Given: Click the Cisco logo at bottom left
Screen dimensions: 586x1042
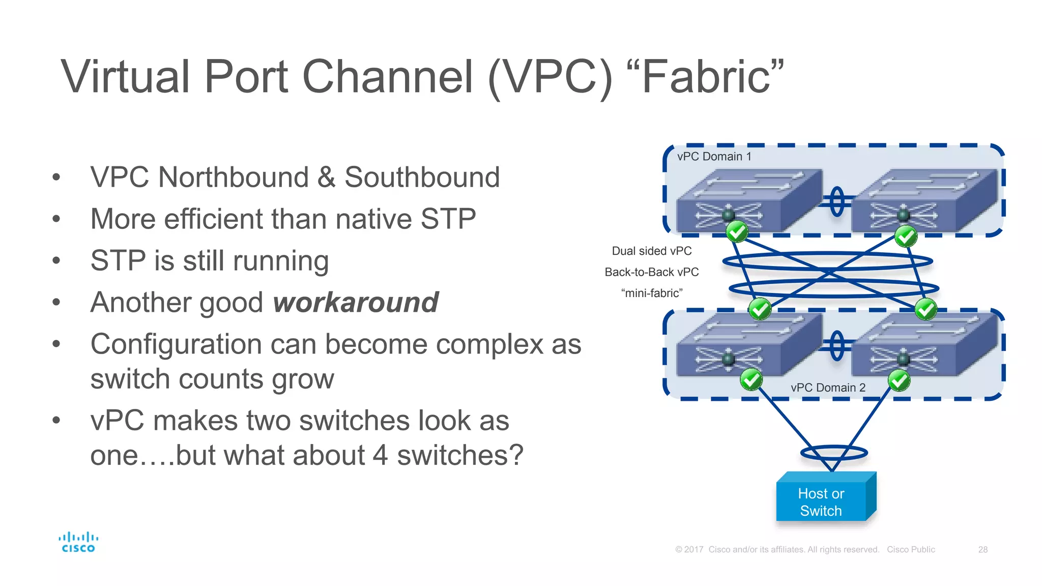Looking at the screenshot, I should pyautogui.click(x=78, y=542).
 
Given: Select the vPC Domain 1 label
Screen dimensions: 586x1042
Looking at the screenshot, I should pyautogui.click(x=714, y=157).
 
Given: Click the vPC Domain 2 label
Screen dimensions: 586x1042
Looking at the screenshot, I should pyautogui.click(x=828, y=388).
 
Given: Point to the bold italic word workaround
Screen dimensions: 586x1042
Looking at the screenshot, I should pyautogui.click(x=356, y=302).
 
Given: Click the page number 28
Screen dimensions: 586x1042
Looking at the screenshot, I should pyautogui.click(x=982, y=549).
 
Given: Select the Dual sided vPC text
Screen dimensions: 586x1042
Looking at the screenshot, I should pyautogui.click(x=651, y=251).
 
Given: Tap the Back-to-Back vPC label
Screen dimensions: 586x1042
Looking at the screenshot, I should pyautogui.click(x=651, y=272).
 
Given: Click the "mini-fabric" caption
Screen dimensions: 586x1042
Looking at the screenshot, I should pyautogui.click(x=651, y=294).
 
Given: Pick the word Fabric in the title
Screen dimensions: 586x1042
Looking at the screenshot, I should pyautogui.click(x=707, y=77).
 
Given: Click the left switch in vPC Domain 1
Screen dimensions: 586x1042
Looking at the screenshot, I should pyautogui.click(x=748, y=201).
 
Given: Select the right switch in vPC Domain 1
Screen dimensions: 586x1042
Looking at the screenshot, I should pyautogui.click(x=923, y=201).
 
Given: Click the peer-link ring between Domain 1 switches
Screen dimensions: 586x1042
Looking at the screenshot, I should pyautogui.click(x=837, y=202).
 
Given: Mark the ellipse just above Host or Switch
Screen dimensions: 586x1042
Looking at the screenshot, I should pyautogui.click(x=834, y=452).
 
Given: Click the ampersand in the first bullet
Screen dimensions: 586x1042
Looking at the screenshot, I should pyautogui.click(x=326, y=177).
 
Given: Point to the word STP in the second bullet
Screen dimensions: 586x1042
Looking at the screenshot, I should pyautogui.click(x=448, y=219).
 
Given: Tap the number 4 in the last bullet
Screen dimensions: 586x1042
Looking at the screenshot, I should pyautogui.click(x=380, y=455).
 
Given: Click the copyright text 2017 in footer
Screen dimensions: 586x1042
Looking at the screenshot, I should pyautogui.click(x=693, y=549).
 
